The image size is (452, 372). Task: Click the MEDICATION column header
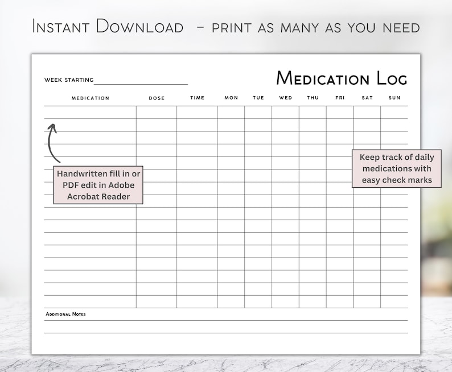pyautogui.click(x=90, y=98)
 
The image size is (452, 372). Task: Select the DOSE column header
pyautogui.click(x=157, y=98)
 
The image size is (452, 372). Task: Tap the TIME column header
pyautogui.click(x=197, y=98)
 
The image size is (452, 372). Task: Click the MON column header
pyautogui.click(x=231, y=98)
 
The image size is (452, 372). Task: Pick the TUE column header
pyautogui.click(x=258, y=98)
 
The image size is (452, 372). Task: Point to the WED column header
pyautogui.click(x=285, y=98)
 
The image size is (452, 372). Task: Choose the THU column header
pyautogui.click(x=313, y=98)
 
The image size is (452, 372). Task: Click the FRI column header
pyautogui.click(x=340, y=98)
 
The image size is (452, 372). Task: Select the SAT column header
pyautogui.click(x=367, y=98)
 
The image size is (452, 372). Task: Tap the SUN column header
pyautogui.click(x=395, y=98)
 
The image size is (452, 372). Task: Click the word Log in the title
pyautogui.click(x=392, y=78)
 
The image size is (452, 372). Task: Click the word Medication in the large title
pyautogui.click(x=323, y=78)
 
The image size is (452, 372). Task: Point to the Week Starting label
pyautogui.click(x=69, y=80)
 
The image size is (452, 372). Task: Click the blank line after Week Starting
pyautogui.click(x=141, y=81)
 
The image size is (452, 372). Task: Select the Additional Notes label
pyautogui.click(x=65, y=314)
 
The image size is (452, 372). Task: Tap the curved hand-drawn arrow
pyautogui.click(x=53, y=142)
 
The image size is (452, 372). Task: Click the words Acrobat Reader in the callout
pyautogui.click(x=98, y=197)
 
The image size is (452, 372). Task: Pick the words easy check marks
pyautogui.click(x=397, y=180)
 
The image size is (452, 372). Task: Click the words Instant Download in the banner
pyautogui.click(x=108, y=26)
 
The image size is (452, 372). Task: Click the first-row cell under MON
pyautogui.click(x=231, y=112)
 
